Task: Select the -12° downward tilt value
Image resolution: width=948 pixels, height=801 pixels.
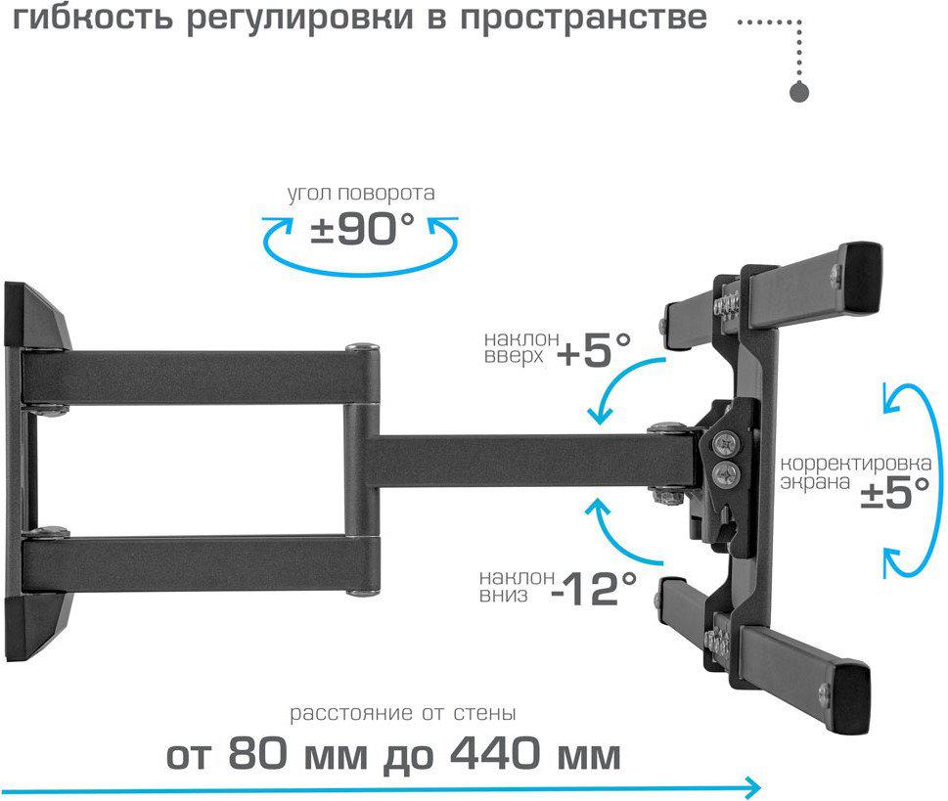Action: click(x=594, y=588)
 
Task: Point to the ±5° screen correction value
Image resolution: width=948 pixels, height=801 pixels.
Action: click(x=895, y=493)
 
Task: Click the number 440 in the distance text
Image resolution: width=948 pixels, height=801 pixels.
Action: click(x=495, y=753)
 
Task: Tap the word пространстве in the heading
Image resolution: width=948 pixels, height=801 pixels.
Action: click(x=583, y=19)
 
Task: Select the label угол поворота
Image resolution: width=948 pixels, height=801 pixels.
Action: click(x=361, y=194)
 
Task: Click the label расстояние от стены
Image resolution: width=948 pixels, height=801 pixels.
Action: click(x=403, y=713)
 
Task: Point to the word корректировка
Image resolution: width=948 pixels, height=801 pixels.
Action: click(x=855, y=464)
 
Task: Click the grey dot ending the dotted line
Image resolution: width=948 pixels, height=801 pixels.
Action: click(x=799, y=92)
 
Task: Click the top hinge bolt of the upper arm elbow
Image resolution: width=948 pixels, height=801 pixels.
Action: click(x=362, y=347)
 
